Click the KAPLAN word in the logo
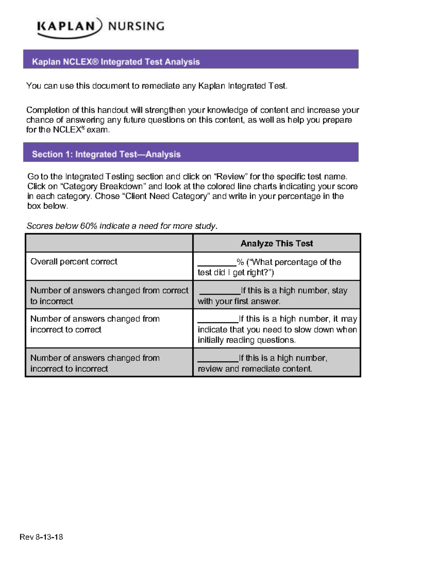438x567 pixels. (x=66, y=27)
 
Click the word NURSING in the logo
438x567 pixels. (x=136, y=26)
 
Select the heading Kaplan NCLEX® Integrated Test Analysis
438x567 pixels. (x=116, y=62)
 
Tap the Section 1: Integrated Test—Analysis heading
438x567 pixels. (x=106, y=154)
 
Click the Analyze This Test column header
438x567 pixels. (x=276, y=244)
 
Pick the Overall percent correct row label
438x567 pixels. (x=74, y=262)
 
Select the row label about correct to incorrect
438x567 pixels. (x=109, y=296)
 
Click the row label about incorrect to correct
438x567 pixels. (x=95, y=324)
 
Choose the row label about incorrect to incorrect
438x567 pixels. (x=95, y=363)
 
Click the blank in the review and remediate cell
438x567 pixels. (x=218, y=360)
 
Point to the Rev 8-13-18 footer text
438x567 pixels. (x=41, y=537)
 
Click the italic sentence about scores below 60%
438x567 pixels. (x=122, y=226)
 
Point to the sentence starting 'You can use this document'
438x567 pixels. (x=157, y=86)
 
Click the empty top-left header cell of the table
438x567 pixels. (x=109, y=244)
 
